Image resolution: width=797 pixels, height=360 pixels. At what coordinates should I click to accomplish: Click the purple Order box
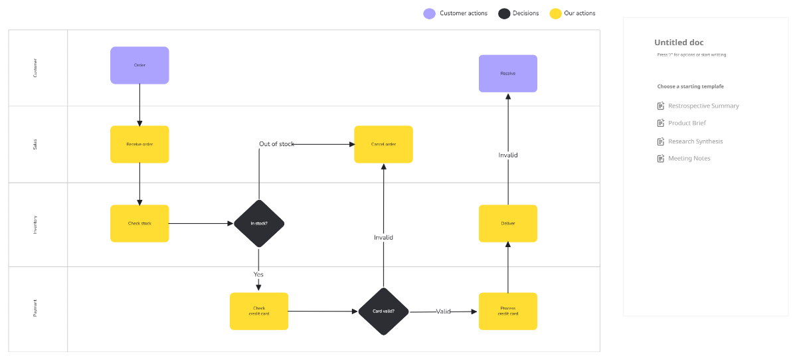[x=139, y=65]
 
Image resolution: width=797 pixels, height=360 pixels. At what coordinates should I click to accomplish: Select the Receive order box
[x=139, y=144]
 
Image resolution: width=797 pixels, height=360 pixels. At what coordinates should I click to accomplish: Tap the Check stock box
[x=139, y=223]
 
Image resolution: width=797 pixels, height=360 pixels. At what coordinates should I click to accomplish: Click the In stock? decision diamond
[x=259, y=224]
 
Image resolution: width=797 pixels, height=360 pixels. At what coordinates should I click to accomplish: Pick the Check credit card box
[x=259, y=311]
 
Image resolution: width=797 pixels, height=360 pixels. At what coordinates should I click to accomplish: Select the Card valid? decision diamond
[x=383, y=312]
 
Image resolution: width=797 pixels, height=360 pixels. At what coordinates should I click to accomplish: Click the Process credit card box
[x=508, y=311]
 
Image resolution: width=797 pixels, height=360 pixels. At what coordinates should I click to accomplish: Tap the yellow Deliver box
[x=508, y=223]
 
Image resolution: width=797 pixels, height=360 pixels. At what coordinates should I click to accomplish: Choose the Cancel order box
[x=383, y=144]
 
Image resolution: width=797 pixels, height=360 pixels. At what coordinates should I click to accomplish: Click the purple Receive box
[x=508, y=73]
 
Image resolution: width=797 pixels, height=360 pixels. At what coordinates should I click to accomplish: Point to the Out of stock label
[x=276, y=144]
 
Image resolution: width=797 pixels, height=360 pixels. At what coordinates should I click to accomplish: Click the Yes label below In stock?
[x=258, y=274]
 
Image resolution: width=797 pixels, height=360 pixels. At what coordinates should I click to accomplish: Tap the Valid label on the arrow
[x=443, y=312]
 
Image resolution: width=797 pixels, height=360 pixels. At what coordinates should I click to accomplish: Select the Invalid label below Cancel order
[x=383, y=237]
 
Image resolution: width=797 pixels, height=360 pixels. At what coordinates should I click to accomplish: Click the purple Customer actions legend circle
[x=430, y=13]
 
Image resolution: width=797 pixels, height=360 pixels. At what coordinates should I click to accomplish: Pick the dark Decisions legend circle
[x=504, y=13]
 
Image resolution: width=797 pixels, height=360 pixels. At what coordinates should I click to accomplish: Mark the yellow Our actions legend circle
[x=556, y=13]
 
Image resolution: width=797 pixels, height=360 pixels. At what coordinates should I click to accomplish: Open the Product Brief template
[x=687, y=123]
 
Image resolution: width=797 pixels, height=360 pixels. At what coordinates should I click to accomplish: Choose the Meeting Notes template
[x=689, y=159]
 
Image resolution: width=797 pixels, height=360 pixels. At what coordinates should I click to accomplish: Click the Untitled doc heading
[x=679, y=43]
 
